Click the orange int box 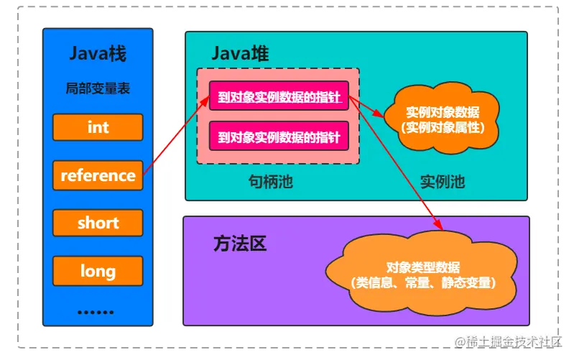pyautogui.click(x=98, y=127)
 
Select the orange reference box pyautogui.click(x=98, y=175)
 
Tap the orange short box pyautogui.click(x=98, y=223)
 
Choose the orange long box pyautogui.click(x=98, y=271)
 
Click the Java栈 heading pyautogui.click(x=98, y=53)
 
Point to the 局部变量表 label pyautogui.click(x=98, y=89)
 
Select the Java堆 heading pyautogui.click(x=240, y=53)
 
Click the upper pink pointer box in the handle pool pyautogui.click(x=279, y=96)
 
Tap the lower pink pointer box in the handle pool pyautogui.click(x=279, y=136)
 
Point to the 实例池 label pyautogui.click(x=443, y=182)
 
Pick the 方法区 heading pyautogui.click(x=240, y=244)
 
